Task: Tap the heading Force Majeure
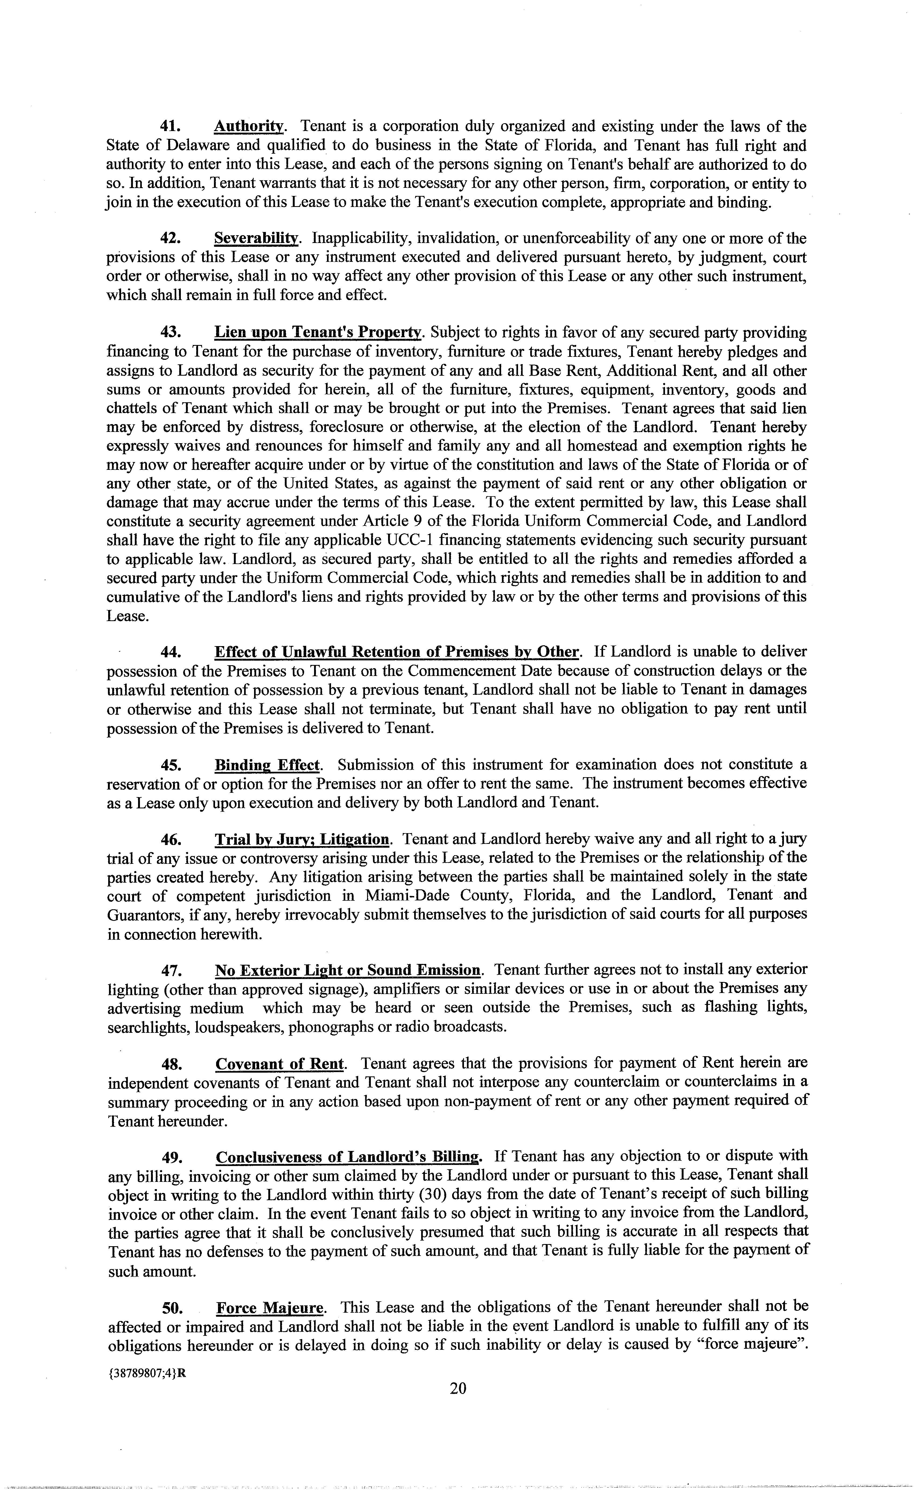(270, 1308)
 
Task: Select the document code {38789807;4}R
(146, 1373)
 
